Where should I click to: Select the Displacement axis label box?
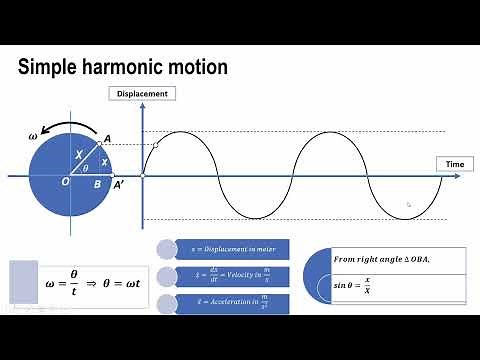point(142,94)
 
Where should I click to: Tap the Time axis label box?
point(454,162)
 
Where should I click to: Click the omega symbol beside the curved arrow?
point(34,134)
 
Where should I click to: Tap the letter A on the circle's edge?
point(107,139)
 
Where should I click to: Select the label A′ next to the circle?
point(119,184)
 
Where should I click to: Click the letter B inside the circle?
point(96,183)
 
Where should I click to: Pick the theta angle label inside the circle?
point(86,169)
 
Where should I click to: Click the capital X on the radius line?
point(80,155)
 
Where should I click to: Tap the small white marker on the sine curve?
point(155,146)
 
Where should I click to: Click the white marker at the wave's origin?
point(143,176)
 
